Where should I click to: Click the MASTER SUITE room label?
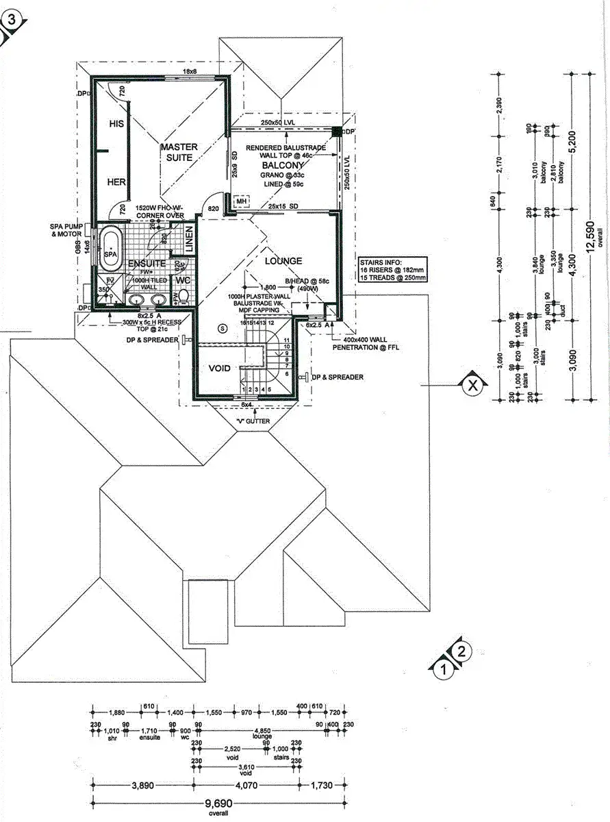[179, 152]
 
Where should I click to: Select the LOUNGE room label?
[283, 261]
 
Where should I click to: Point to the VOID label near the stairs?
[220, 369]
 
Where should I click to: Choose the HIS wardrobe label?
[116, 124]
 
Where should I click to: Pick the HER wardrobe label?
[116, 182]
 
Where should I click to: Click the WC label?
[183, 281]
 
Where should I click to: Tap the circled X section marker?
[471, 386]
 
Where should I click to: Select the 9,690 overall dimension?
[214, 806]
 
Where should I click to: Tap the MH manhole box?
[241, 200]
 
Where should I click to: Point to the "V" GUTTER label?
[252, 421]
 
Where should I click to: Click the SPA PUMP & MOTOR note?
[67, 229]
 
